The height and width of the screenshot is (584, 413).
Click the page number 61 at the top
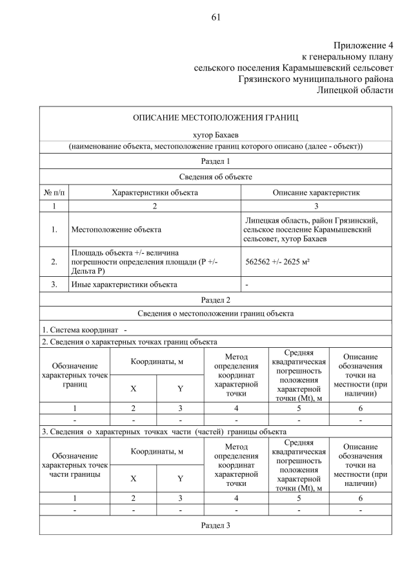point(216,17)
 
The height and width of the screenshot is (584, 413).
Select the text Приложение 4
point(363,45)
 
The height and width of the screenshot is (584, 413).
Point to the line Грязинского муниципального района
point(315,79)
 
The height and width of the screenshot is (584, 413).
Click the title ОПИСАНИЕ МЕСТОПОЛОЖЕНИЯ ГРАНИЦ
point(216,118)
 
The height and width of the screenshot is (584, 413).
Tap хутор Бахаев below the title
point(216,135)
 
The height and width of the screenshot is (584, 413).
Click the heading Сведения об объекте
point(216,177)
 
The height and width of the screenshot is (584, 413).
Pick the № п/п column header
point(54,192)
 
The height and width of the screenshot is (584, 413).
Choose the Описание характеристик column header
point(316,192)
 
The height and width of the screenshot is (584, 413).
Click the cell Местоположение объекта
point(116,229)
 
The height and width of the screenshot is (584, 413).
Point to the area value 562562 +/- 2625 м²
point(279,262)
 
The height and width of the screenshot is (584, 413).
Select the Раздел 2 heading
point(216,299)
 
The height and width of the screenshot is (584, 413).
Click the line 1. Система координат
point(84,330)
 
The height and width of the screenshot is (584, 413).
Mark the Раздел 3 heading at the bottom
point(216,525)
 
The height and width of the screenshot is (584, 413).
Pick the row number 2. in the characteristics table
point(54,262)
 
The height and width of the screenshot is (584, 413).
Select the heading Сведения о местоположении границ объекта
point(216,314)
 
